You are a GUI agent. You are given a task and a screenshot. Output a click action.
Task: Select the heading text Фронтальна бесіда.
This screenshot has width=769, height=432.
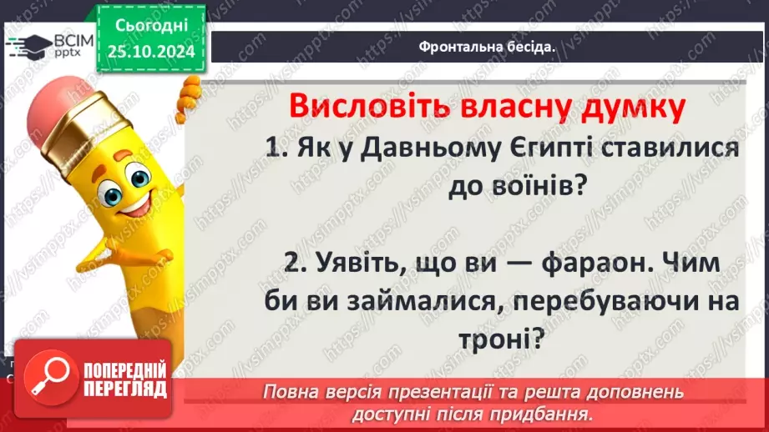(487, 47)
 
